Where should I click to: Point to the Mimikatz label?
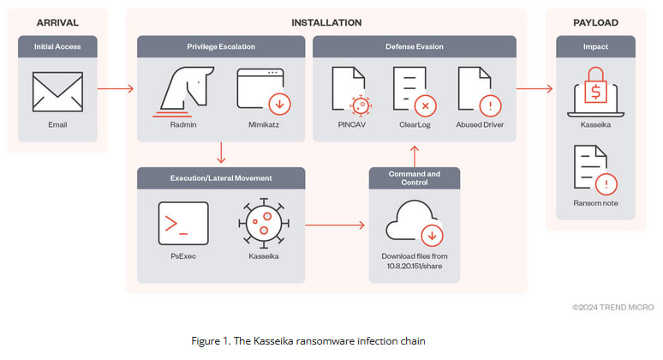point(260,125)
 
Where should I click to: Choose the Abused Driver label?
point(481,125)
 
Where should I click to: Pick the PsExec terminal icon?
point(182,224)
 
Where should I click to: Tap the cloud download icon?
point(415,223)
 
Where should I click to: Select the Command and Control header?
point(415,177)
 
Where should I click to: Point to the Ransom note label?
point(595,203)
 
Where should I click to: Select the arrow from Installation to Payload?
point(535,88)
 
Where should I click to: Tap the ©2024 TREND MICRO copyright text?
point(612,306)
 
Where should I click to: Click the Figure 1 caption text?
point(308,340)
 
